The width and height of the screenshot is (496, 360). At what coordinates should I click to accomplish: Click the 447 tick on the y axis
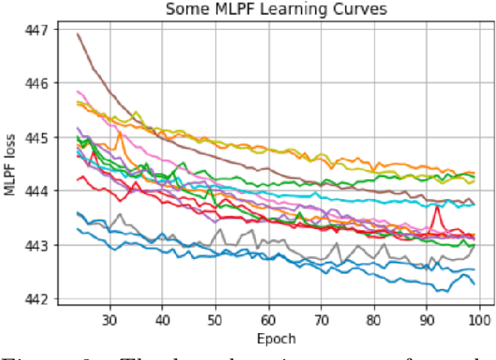point(36,29)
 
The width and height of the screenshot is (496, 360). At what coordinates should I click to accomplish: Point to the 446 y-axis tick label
point(36,83)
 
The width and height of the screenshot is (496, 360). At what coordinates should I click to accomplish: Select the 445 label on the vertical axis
point(36,137)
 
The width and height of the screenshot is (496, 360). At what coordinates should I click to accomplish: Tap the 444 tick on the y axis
point(36,191)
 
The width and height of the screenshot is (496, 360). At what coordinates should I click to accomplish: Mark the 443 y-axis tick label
point(36,246)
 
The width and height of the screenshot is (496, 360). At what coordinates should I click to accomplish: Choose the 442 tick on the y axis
point(36,299)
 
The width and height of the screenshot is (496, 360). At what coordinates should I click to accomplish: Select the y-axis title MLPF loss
point(11,164)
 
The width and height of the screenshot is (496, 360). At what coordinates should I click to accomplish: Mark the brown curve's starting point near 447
point(77,34)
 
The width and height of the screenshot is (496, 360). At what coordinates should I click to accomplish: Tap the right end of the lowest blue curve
point(474,284)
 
